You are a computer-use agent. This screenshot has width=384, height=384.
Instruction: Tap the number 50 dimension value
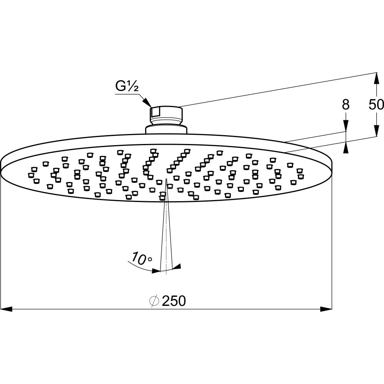tap(376, 105)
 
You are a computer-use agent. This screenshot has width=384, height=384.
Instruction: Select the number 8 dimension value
tap(346, 105)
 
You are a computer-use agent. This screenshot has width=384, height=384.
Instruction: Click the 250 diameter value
tap(174, 301)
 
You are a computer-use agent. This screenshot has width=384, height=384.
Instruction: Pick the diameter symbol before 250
tap(154, 301)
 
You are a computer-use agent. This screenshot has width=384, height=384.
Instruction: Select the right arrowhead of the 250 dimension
tap(326, 309)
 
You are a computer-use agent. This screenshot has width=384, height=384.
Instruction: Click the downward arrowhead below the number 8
tap(346, 126)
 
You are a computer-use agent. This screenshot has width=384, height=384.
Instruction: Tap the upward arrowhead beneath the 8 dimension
tap(346, 148)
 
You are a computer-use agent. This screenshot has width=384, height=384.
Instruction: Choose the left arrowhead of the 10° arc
tap(156, 270)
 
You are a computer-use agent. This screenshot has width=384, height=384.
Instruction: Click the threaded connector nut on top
tap(166, 115)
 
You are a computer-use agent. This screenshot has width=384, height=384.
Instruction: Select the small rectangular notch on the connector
tap(156, 112)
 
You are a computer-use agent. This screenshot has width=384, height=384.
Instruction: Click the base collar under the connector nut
tap(166, 129)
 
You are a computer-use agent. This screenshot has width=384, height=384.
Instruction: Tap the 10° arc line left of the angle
tap(140, 267)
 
